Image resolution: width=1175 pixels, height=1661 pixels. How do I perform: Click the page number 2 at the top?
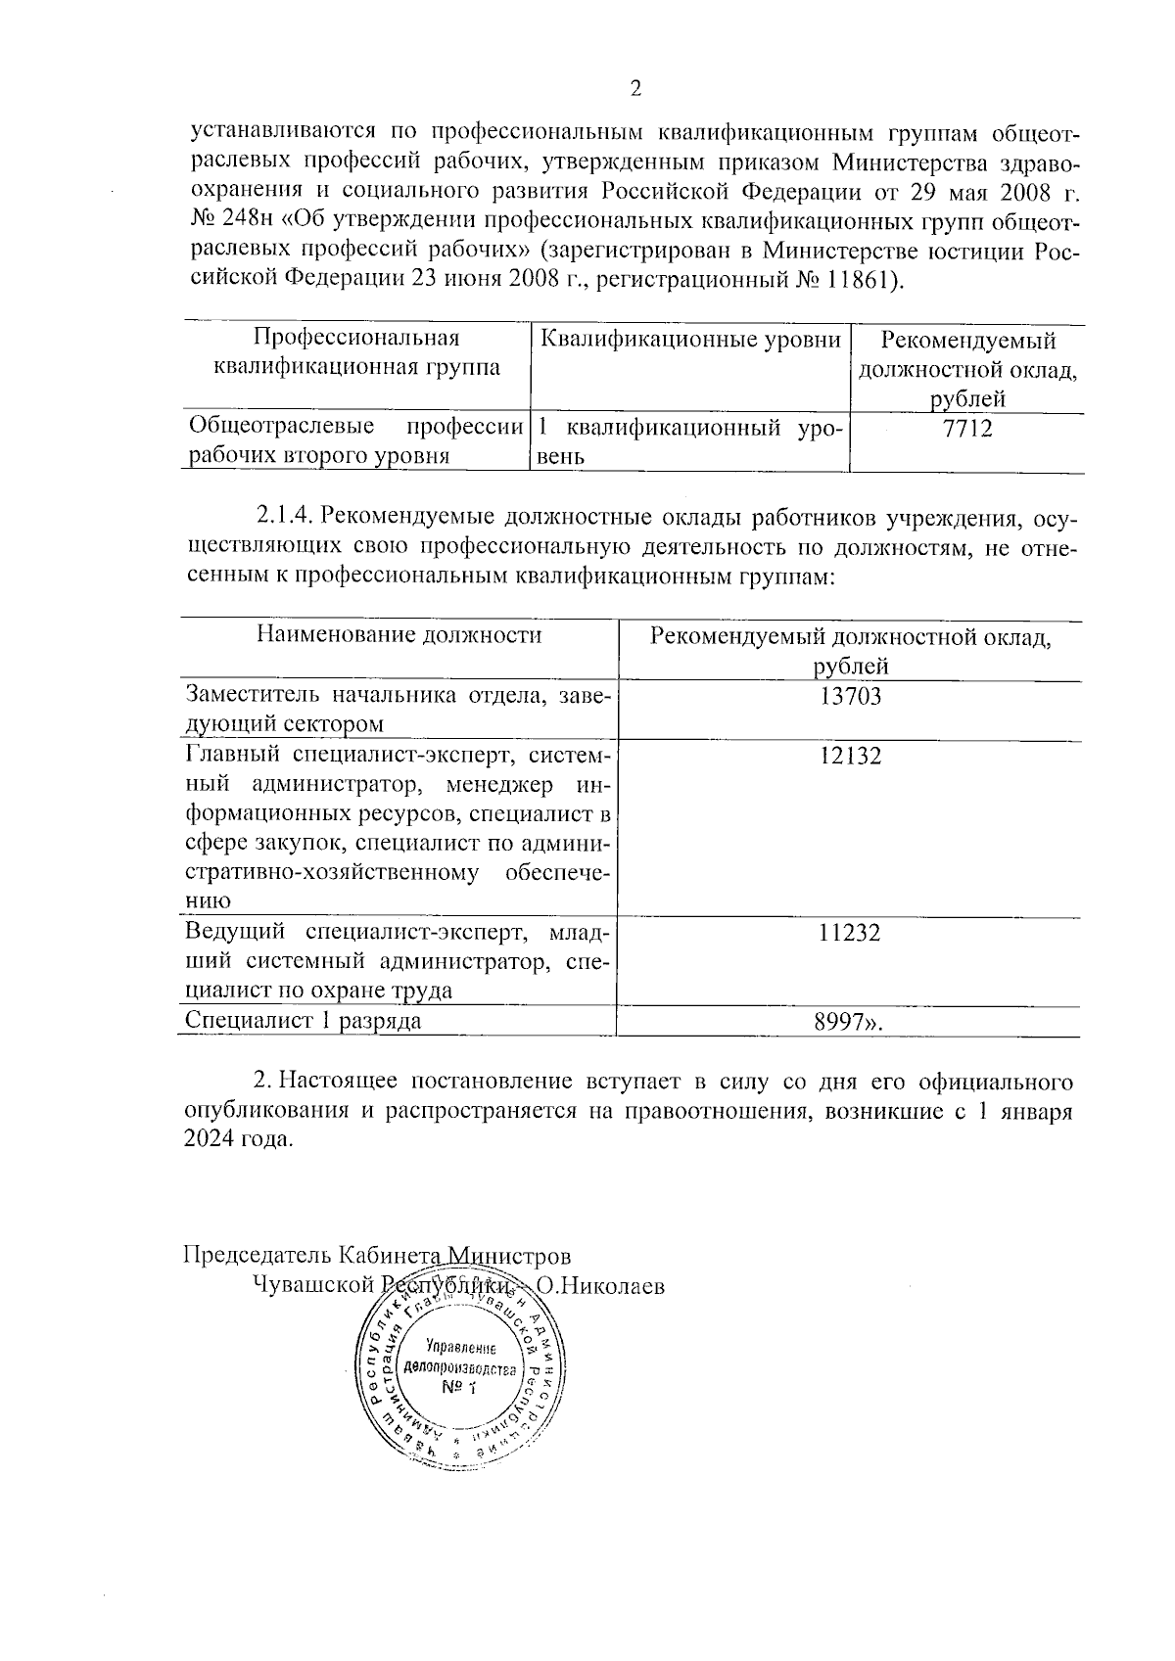coord(635,90)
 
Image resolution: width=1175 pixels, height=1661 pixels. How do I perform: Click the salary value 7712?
coord(966,428)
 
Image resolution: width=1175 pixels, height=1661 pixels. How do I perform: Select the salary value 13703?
coord(850,696)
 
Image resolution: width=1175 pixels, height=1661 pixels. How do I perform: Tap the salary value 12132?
coord(850,755)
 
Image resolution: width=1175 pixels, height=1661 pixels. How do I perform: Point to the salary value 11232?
coord(850,933)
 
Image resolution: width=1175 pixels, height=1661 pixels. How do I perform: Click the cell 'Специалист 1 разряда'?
coord(304,1021)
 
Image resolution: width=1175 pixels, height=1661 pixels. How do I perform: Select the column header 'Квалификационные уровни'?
coord(690,340)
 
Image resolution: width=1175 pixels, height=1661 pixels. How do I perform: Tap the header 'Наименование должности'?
coord(399,635)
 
